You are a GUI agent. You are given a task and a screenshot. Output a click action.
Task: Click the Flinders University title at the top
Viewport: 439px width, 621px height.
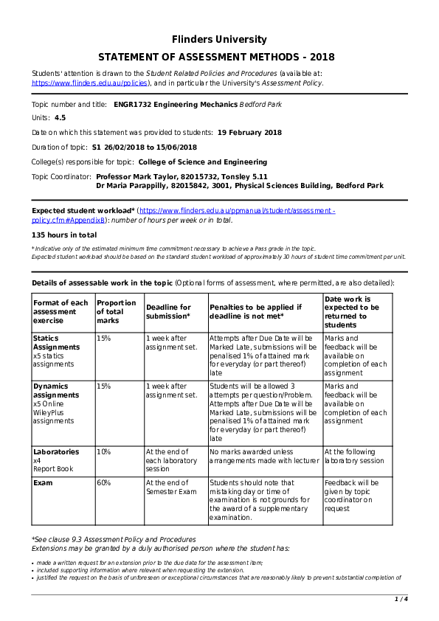click(219, 39)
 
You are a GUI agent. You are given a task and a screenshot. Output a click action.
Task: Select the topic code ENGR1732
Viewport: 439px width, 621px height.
click(133, 105)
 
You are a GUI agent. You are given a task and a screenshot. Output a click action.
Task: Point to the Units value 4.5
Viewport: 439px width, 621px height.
click(60, 118)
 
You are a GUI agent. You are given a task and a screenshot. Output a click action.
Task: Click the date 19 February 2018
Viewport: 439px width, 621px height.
click(249, 133)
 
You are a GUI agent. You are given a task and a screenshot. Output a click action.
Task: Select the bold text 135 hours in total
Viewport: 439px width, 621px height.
click(64, 235)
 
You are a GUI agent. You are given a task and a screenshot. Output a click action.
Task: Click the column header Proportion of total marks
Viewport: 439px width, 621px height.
click(116, 311)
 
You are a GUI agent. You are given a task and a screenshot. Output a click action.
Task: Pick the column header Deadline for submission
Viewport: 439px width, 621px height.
click(168, 311)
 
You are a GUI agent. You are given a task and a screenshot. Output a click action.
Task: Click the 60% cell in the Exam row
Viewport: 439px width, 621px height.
click(103, 483)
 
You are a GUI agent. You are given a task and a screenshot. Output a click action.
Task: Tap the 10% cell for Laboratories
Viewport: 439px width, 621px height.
click(103, 451)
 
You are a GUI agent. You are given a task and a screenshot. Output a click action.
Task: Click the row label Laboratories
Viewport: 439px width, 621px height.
click(56, 451)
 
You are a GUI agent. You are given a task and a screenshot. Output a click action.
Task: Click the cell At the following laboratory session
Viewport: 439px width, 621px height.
click(354, 456)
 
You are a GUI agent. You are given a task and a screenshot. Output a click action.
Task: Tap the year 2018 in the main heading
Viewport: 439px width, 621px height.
click(322, 58)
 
